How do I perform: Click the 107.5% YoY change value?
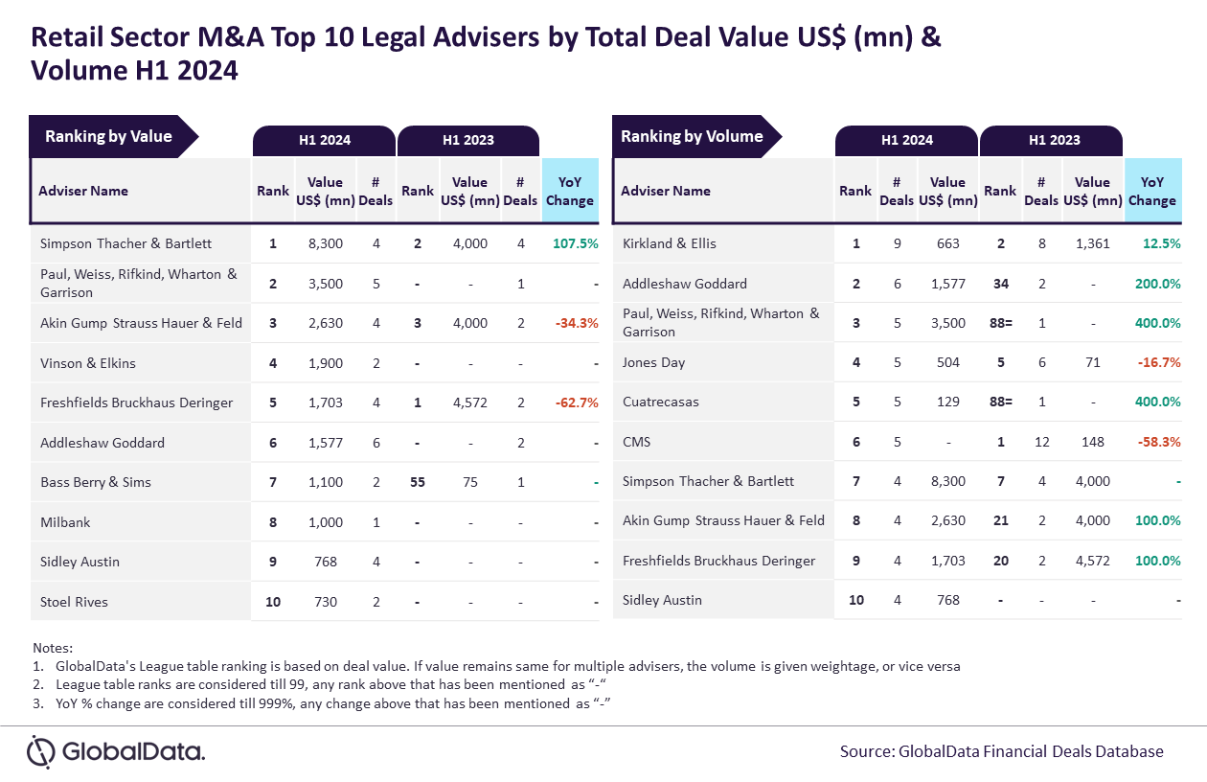(x=576, y=243)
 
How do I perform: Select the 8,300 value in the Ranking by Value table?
(x=326, y=243)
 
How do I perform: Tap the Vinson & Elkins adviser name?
(x=88, y=363)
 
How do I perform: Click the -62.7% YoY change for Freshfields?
(x=577, y=402)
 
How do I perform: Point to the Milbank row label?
(x=65, y=522)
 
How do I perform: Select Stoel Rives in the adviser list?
(x=74, y=602)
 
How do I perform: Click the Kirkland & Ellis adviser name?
(x=670, y=243)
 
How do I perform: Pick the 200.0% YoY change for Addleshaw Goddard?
(x=1157, y=284)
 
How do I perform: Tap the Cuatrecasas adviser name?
(x=661, y=402)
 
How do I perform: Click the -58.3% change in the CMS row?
(x=1159, y=442)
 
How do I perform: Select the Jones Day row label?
(x=653, y=362)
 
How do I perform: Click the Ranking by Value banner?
(x=114, y=136)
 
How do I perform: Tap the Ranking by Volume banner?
(x=696, y=136)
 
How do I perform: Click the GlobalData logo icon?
(x=41, y=751)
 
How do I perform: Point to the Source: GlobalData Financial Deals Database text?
(x=1001, y=751)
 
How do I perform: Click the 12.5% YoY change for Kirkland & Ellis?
(x=1161, y=243)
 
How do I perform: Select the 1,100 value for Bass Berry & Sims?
(x=326, y=482)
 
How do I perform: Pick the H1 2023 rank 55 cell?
(x=418, y=482)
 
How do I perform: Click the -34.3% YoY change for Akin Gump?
(x=577, y=323)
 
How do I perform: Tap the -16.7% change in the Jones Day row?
(x=1159, y=362)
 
